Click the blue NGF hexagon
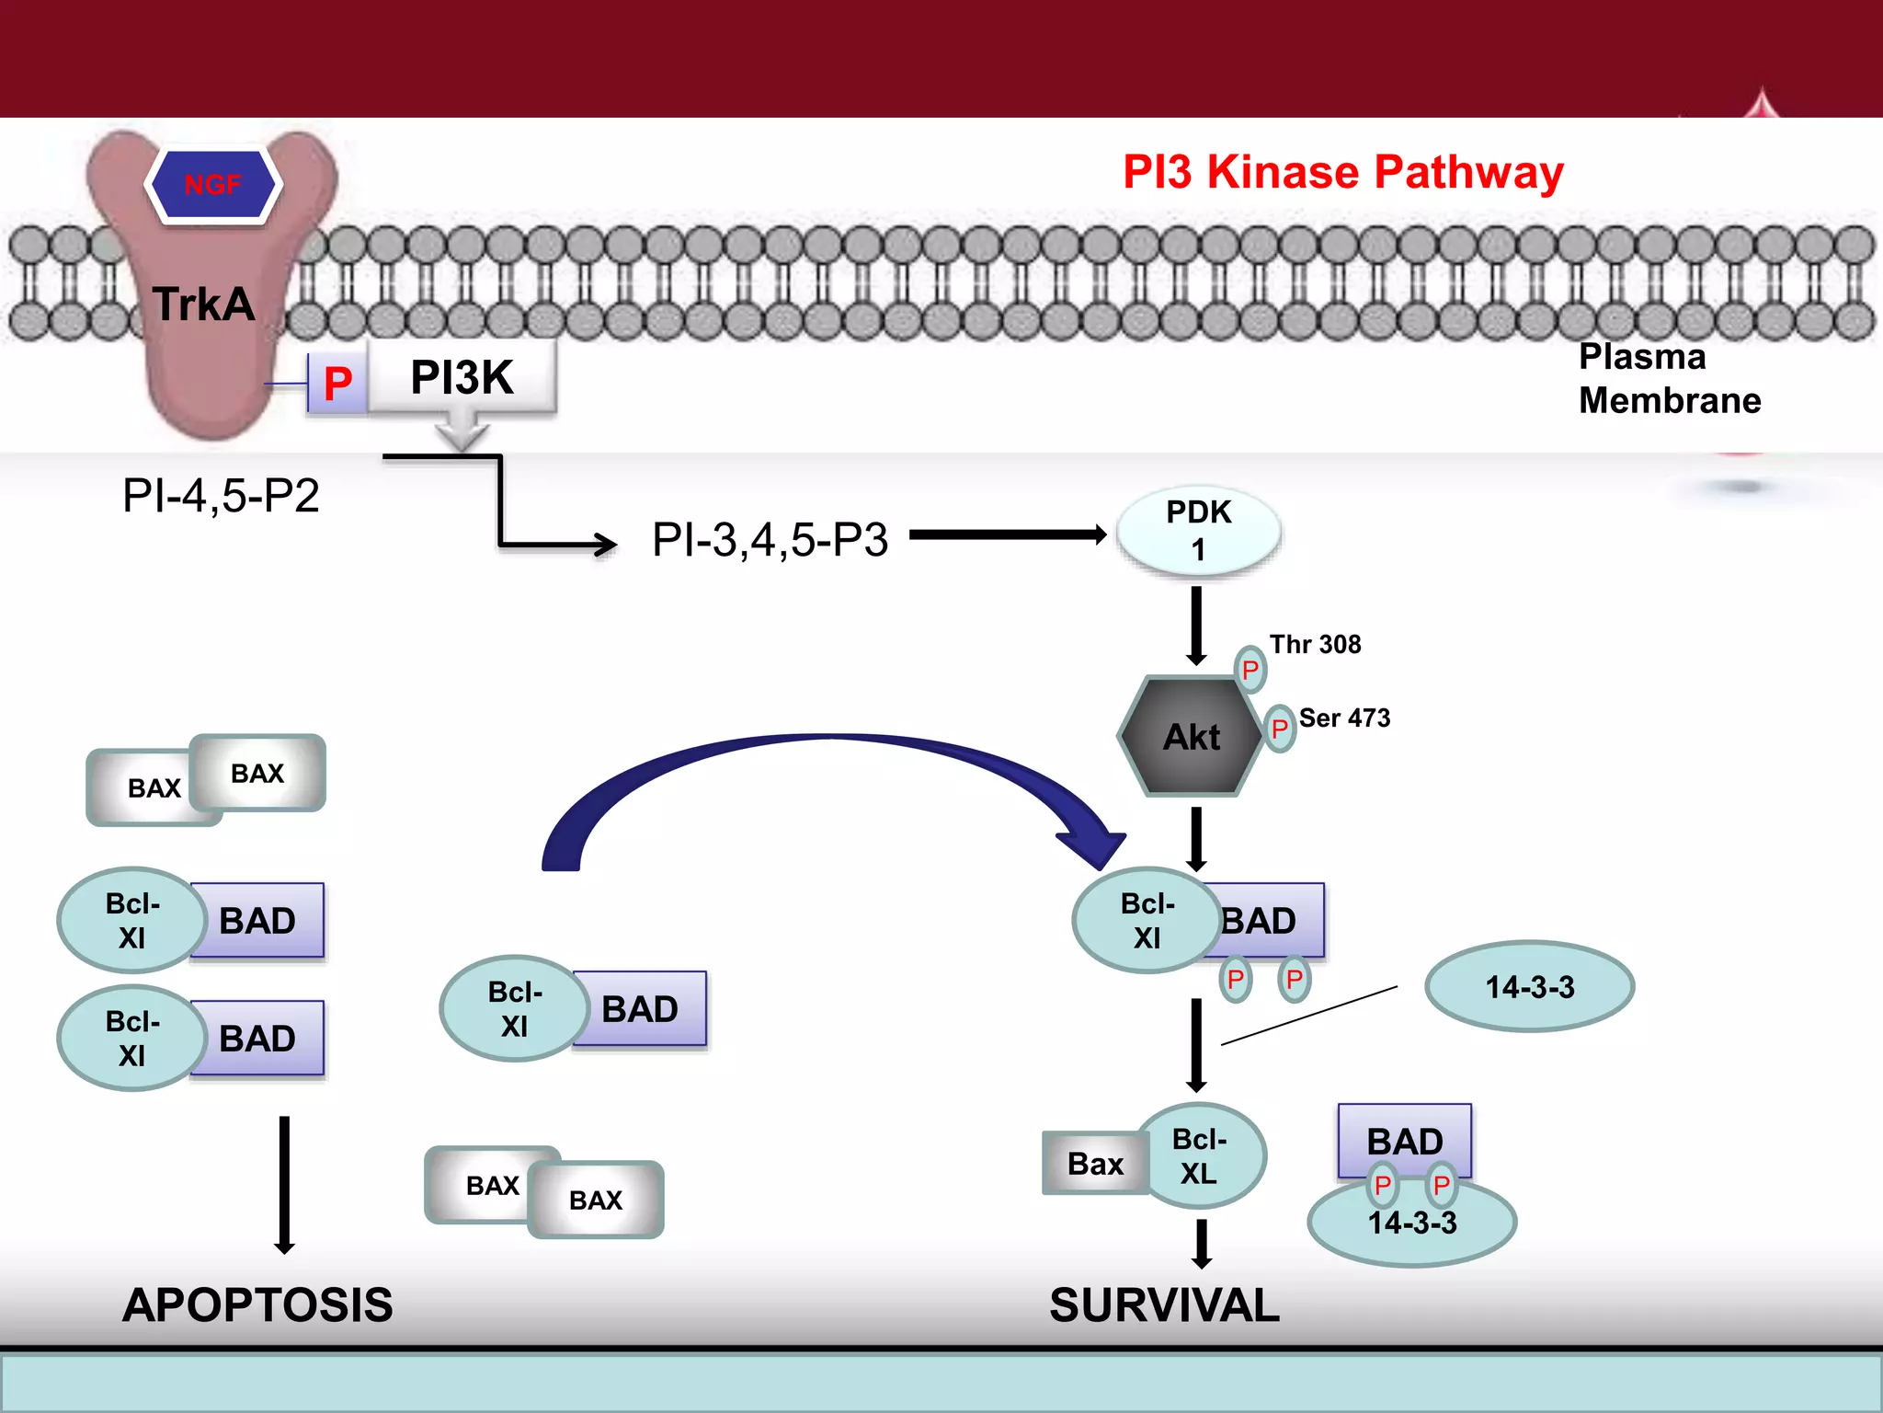pos(213,184)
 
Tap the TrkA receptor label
pos(203,304)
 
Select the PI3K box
pos(462,377)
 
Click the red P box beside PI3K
pos(337,384)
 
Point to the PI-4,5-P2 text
pos(221,496)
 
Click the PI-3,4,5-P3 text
pos(770,540)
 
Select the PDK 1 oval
pos(1198,532)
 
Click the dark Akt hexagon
pos(1192,737)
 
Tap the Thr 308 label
pos(1315,644)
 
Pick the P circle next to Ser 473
pos(1279,729)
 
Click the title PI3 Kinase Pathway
pos(1342,172)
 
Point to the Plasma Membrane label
pos(1669,378)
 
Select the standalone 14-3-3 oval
pos(1529,987)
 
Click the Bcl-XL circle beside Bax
pos(1200,1156)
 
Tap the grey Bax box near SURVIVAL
pos(1094,1164)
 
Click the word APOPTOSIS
pos(257,1305)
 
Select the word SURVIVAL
pos(1164,1305)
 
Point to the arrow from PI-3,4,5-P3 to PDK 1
pos(1007,534)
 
